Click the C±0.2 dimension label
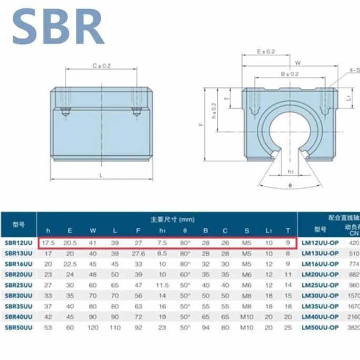pyautogui.click(x=102, y=66)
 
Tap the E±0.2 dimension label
pyautogui.click(x=266, y=52)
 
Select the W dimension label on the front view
pyautogui.click(x=298, y=63)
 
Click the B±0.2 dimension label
pyautogui.click(x=289, y=74)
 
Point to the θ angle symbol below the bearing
pyautogui.click(x=291, y=185)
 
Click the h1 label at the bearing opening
pyautogui.click(x=291, y=171)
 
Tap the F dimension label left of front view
pyautogui.click(x=201, y=125)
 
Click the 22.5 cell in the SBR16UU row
pyautogui.click(x=70, y=264)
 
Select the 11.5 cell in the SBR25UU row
pyautogui.click(x=162, y=285)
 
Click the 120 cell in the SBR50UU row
pyautogui.click(x=93, y=327)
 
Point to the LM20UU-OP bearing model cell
pyautogui.click(x=320, y=274)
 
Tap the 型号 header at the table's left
pyautogui.click(x=18, y=224)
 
